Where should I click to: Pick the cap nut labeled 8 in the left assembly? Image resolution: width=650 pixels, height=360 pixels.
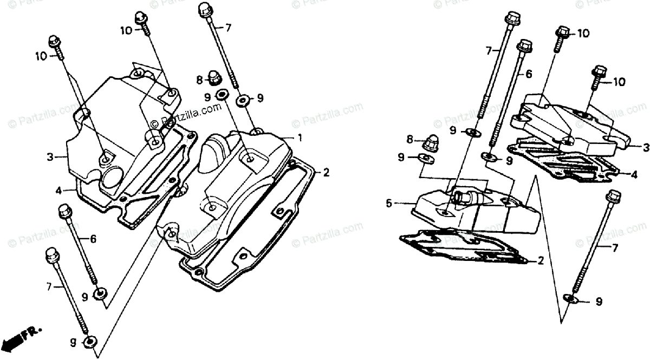click(x=213, y=78)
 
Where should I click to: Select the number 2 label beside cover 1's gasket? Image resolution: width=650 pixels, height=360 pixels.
click(x=326, y=173)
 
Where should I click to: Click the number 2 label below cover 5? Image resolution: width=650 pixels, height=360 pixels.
click(x=541, y=261)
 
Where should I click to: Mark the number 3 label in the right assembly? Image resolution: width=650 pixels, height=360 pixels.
click(x=632, y=147)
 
